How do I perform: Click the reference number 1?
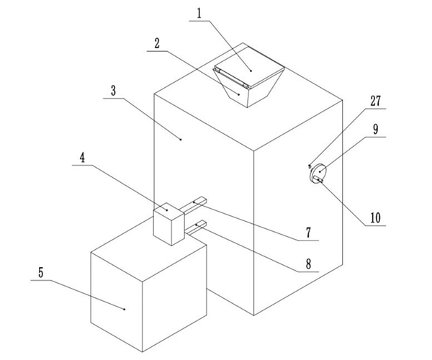click(x=199, y=14)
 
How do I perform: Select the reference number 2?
click(x=157, y=43)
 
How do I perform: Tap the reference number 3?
click(x=113, y=91)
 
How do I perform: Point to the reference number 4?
click(x=82, y=158)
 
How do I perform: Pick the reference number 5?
click(x=41, y=273)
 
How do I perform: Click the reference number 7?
click(x=309, y=233)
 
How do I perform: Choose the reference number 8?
click(x=309, y=264)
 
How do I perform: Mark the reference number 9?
click(x=376, y=129)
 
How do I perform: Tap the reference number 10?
click(x=376, y=218)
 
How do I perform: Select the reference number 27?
click(x=376, y=101)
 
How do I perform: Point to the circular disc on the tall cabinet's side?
click(x=318, y=173)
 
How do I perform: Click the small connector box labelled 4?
click(x=168, y=224)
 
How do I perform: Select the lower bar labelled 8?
click(x=196, y=228)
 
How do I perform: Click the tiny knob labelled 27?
click(x=310, y=166)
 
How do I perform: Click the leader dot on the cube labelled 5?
click(x=125, y=310)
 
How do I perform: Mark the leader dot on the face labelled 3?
click(x=181, y=140)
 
